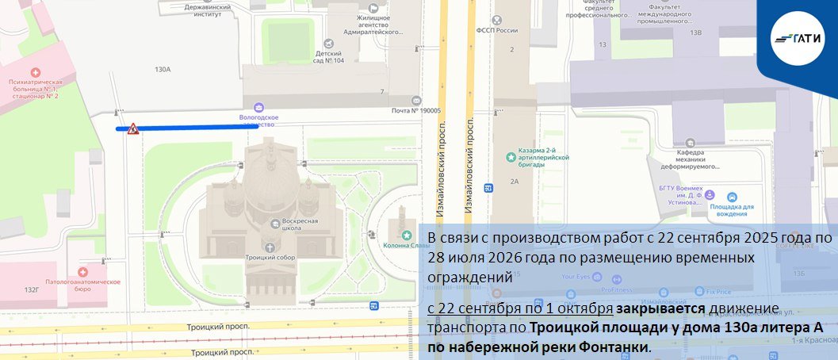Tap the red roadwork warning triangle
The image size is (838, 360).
(x=133, y=128)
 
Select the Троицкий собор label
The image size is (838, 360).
(x=270, y=258)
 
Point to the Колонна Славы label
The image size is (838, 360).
(x=406, y=243)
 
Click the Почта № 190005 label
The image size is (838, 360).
(x=416, y=111)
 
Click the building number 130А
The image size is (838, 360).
(x=163, y=70)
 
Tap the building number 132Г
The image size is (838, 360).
(x=33, y=289)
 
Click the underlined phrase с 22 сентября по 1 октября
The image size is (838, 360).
(x=520, y=308)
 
